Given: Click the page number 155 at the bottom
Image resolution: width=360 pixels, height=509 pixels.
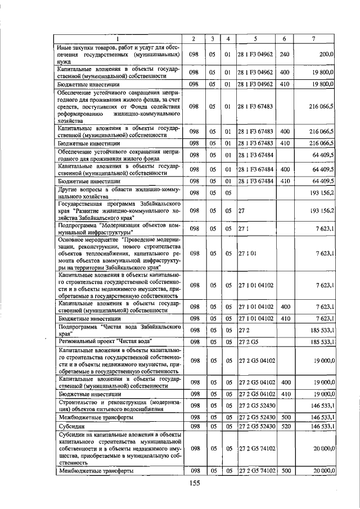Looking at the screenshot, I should point(194,483).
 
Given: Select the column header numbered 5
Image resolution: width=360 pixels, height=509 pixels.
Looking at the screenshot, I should point(255,38).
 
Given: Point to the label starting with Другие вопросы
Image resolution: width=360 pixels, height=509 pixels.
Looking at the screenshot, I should point(118,192).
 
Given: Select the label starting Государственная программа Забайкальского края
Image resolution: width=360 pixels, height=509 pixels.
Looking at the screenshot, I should point(118,211).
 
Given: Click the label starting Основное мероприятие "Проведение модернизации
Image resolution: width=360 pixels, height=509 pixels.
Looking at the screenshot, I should point(118,254).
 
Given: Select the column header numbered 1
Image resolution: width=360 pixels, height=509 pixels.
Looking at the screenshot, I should point(118,38).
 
